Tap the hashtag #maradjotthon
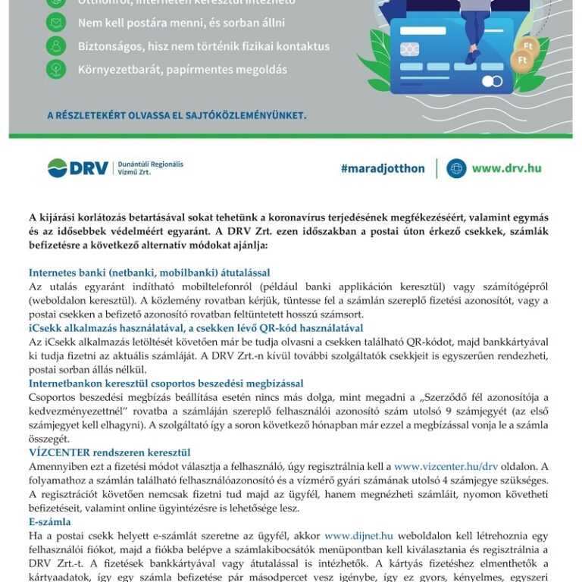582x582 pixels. pyautogui.click(x=383, y=168)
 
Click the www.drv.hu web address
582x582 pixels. pyautogui.click(x=506, y=168)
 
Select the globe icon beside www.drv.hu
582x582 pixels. pyautogui.click(x=456, y=168)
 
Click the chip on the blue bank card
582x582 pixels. pyautogui.click(x=409, y=50)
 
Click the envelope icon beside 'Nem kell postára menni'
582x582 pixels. pyautogui.click(x=56, y=23)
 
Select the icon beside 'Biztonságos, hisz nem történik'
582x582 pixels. pyautogui.click(x=56, y=46)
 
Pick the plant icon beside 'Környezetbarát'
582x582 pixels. pyautogui.click(x=56, y=70)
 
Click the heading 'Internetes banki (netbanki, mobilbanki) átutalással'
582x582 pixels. pyautogui.click(x=149, y=273)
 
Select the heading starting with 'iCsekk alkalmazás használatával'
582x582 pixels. pyautogui.click(x=196, y=328)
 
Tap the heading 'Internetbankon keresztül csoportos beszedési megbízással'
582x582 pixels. pyautogui.click(x=166, y=383)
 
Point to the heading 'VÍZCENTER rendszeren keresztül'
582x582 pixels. pyautogui.click(x=109, y=452)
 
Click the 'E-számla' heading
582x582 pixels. pyautogui.click(x=50, y=521)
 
